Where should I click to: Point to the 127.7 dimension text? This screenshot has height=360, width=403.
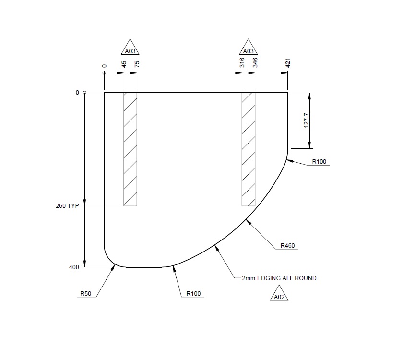(306, 120)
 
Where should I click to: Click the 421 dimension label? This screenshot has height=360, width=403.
(288, 62)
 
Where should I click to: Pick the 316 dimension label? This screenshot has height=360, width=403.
(242, 62)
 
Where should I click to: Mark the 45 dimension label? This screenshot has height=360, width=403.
(124, 64)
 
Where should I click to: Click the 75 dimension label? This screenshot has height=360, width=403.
(137, 64)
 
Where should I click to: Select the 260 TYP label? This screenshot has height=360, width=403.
(67, 206)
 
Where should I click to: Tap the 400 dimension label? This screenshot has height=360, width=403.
(74, 267)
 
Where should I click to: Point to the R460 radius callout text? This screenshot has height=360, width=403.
(288, 246)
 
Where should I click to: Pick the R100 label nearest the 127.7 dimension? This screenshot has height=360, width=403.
(319, 162)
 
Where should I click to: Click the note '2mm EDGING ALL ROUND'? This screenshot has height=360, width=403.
(279, 278)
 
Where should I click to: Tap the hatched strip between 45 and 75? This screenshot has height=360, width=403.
(130, 149)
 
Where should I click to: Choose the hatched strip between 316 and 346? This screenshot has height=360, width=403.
(249, 149)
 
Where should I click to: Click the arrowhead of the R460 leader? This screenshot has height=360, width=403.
(247, 220)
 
